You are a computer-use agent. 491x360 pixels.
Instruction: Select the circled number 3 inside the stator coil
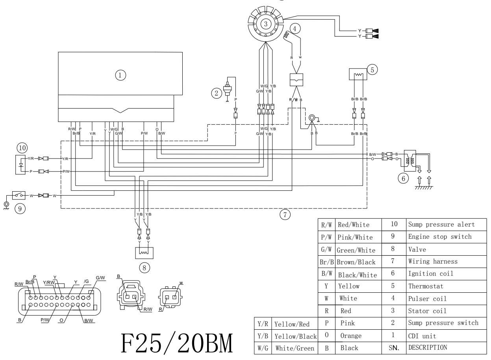click(266, 24)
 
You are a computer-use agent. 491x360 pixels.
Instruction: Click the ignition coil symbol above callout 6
click(410, 159)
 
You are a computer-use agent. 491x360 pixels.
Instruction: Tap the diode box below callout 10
click(20, 164)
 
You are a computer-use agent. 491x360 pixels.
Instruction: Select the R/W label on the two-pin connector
click(148, 309)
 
